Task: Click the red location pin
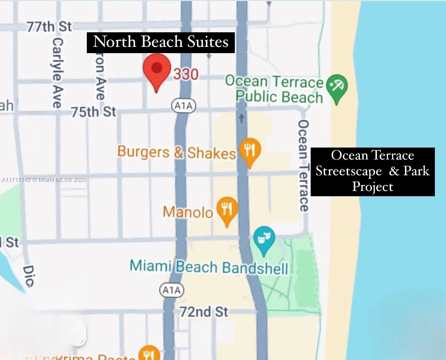coord(157,69)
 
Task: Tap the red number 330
coord(186,74)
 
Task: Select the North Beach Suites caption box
coord(160,42)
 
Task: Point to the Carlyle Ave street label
coord(57,73)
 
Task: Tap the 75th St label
coord(93,112)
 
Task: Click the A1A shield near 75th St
coord(184,106)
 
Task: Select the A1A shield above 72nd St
coord(171,290)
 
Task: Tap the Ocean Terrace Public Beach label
coord(274,89)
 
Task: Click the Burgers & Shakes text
coord(176,152)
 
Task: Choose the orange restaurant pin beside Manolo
coord(227,209)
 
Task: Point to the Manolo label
coord(188,212)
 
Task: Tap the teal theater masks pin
coord(264,239)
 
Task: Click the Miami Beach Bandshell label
coord(209,267)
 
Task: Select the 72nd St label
coord(204,311)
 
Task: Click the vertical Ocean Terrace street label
coord(303,166)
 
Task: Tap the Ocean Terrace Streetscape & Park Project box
coord(372,171)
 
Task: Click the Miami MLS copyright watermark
coord(44,180)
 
